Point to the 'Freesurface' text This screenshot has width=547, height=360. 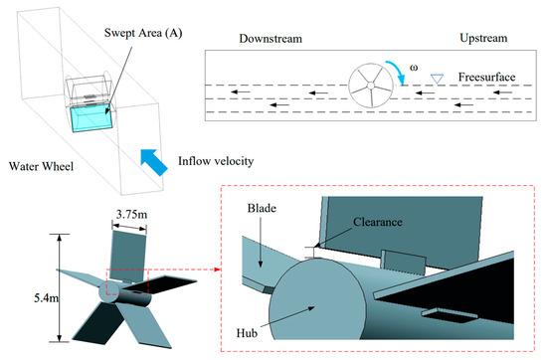pos(486,76)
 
